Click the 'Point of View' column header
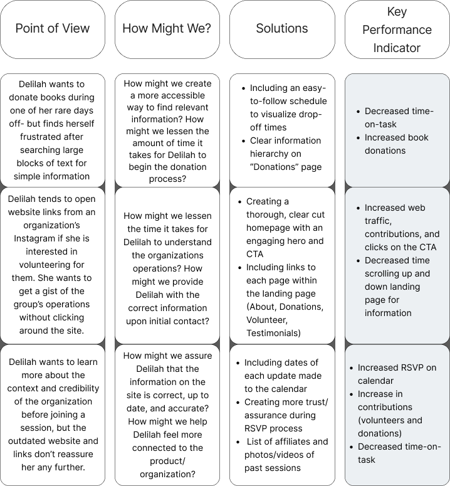[53, 28]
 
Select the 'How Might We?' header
[167, 28]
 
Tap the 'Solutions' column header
[281, 28]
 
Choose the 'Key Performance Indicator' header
[397, 29]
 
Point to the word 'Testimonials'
[274, 333]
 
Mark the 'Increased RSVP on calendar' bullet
[397, 374]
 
